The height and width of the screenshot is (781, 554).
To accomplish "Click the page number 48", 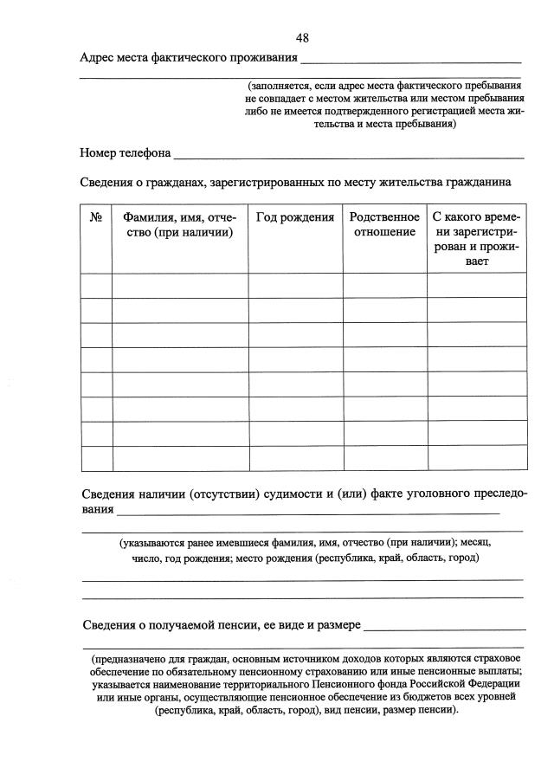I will [x=302, y=37].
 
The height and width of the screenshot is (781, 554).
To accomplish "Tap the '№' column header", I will [x=96, y=217].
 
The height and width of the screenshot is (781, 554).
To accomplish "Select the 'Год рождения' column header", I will [x=295, y=217].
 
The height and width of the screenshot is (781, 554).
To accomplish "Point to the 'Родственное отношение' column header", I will [x=384, y=225].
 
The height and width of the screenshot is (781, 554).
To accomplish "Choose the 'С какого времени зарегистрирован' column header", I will [x=476, y=239].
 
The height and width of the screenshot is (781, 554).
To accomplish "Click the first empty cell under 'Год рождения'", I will [x=295, y=285].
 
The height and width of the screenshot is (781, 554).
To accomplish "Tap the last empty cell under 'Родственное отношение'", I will [x=384, y=458].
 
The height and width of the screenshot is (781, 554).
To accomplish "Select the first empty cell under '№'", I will [x=96, y=285].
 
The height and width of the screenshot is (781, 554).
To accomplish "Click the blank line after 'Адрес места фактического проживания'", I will [x=411, y=61].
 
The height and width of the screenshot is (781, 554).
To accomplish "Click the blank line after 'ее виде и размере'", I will [x=445, y=627].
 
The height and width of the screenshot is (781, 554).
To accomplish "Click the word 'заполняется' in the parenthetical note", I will [x=281, y=86].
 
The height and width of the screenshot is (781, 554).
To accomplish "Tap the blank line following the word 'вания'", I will [x=307, y=512].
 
